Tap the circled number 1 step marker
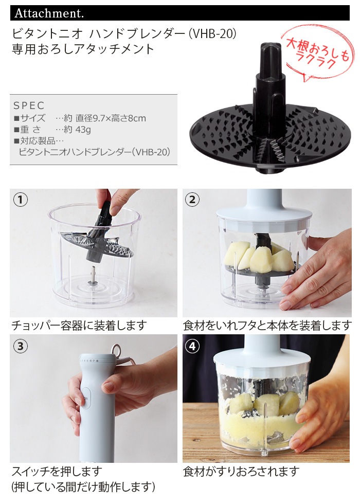point(20,200)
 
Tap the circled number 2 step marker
point(192,200)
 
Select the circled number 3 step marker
point(20,346)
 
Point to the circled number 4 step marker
point(192,346)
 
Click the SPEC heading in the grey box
point(29,105)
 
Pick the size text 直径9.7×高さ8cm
point(111,118)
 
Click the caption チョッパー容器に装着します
point(79,326)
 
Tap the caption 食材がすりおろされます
point(241,472)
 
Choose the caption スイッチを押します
point(57,472)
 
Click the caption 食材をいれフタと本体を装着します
point(267,326)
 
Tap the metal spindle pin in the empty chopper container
point(93,274)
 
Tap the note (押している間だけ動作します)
point(83,487)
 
